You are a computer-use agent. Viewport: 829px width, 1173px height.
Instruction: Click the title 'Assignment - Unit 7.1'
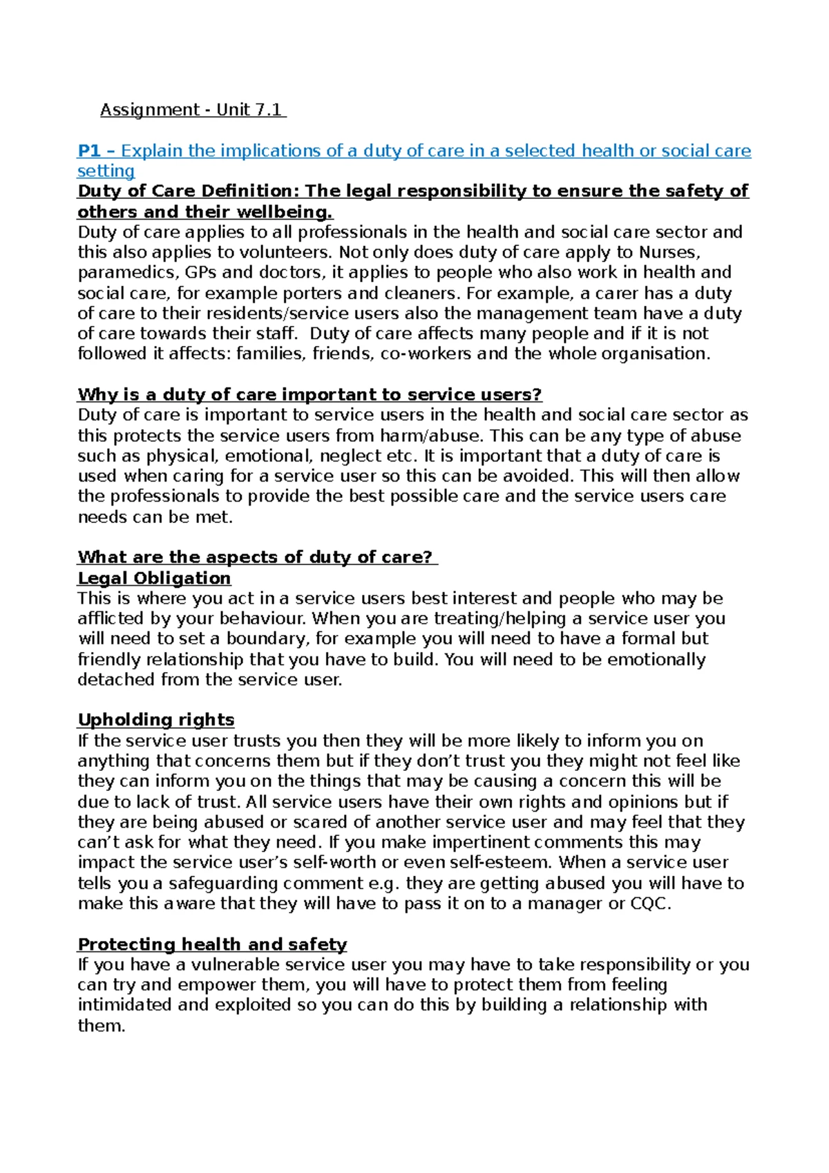(x=192, y=110)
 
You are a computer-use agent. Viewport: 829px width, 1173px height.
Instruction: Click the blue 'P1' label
(x=89, y=151)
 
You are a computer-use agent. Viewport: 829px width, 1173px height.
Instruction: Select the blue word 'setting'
(x=106, y=171)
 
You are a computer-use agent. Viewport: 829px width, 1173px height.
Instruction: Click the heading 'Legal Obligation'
(x=154, y=578)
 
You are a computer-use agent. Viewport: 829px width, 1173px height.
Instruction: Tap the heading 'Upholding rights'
(x=156, y=720)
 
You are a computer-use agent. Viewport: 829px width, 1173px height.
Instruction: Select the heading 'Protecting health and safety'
(x=212, y=944)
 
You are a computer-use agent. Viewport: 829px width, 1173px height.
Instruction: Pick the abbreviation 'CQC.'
(x=650, y=904)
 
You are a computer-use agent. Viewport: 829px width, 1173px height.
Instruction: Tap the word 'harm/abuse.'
(x=432, y=436)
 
